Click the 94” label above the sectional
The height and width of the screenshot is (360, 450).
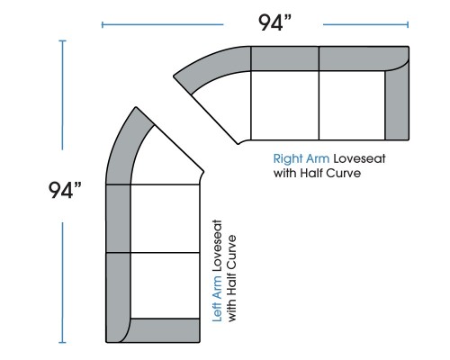(x=274, y=22)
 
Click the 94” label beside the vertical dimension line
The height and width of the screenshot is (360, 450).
(x=65, y=190)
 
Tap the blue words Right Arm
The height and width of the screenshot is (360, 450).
(x=301, y=158)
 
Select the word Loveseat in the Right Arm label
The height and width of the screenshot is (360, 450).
(x=359, y=158)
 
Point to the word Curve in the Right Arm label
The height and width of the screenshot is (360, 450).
(x=344, y=173)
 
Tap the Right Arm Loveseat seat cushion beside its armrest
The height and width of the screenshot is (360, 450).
(x=352, y=105)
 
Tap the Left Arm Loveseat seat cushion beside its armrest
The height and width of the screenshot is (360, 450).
(x=166, y=285)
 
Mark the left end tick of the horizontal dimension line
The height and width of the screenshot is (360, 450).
(x=103, y=24)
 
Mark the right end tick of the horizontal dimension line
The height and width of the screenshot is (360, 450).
(x=408, y=24)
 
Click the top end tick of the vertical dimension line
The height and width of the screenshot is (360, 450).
(x=62, y=40)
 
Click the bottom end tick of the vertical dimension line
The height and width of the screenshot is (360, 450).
(x=62, y=342)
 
